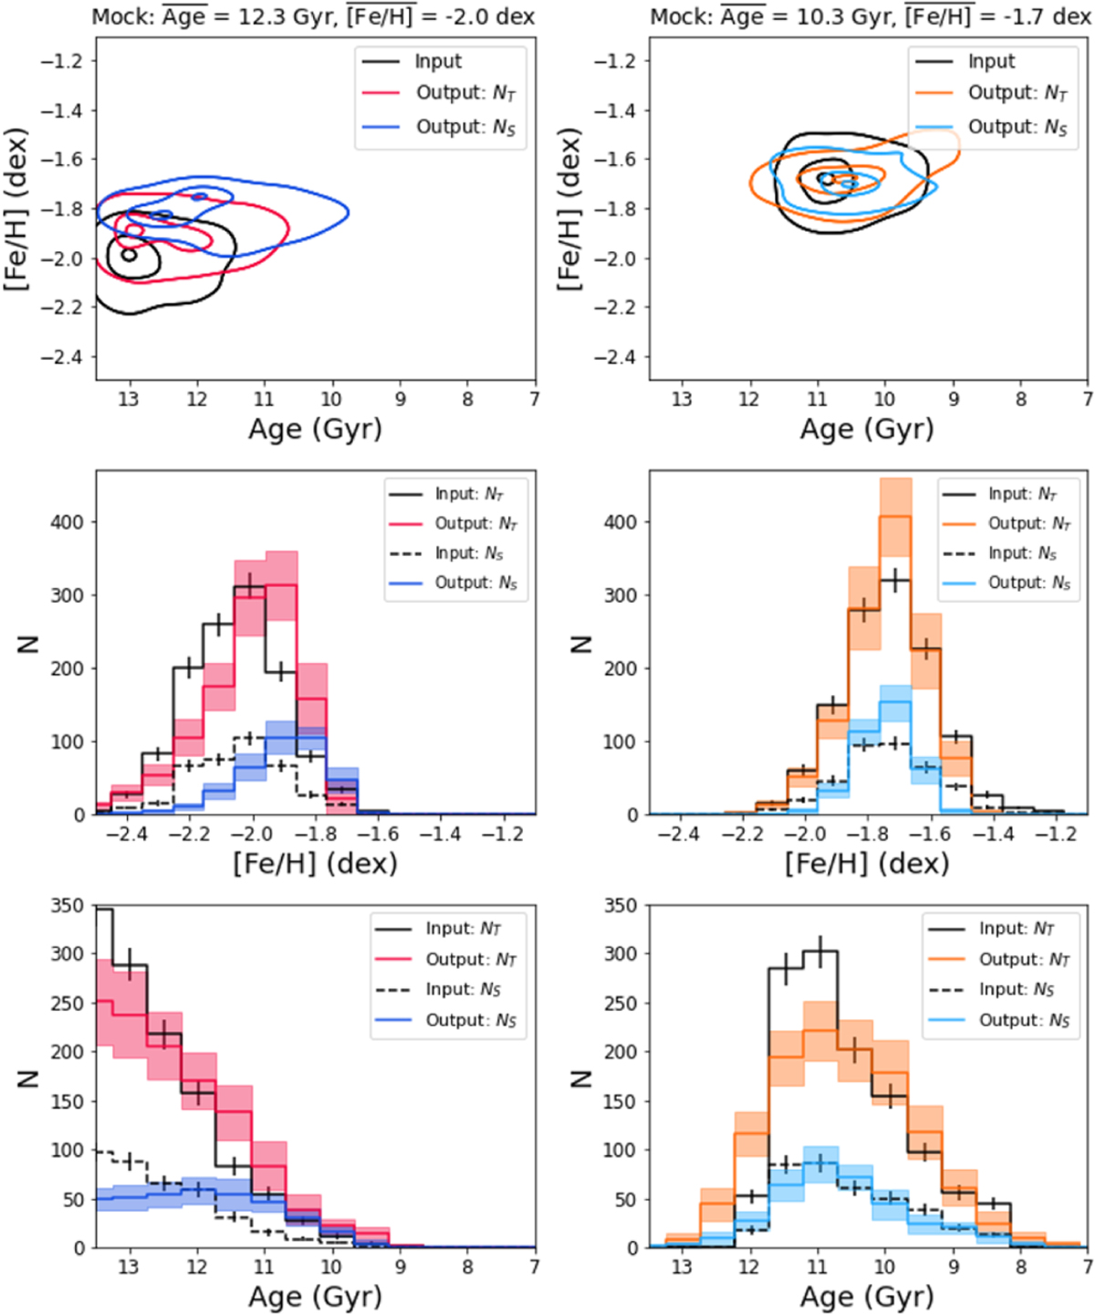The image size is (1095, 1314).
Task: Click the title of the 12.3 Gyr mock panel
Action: [x=313, y=16]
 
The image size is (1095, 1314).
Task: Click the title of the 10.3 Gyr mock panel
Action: [x=869, y=16]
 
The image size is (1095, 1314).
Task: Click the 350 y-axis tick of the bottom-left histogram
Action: [x=68, y=906]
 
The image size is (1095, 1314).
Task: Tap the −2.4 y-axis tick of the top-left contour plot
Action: [x=61, y=357]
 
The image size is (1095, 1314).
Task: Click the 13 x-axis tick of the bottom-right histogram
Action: [x=681, y=1267]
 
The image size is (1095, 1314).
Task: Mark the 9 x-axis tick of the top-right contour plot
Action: [x=953, y=399]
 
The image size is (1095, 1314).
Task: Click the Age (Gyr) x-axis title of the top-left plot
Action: [x=315, y=429]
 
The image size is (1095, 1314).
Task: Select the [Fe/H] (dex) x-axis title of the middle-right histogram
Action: [x=867, y=863]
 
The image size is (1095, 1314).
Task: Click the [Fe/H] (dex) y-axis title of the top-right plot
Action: [x=570, y=210]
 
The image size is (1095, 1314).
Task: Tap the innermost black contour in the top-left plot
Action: [x=129, y=255]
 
